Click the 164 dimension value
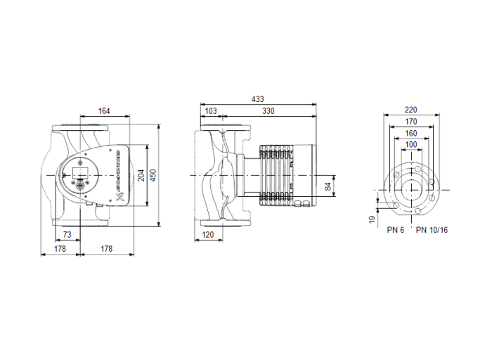[104, 111]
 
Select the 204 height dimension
[141, 176]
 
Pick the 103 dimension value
[210, 111]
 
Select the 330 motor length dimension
[268, 111]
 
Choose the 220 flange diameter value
[411, 110]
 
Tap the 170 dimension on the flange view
[411, 122]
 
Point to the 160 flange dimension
[411, 133]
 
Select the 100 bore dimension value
[411, 144]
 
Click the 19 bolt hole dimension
[373, 219]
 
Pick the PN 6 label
[395, 230]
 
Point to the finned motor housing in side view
[278, 176]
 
